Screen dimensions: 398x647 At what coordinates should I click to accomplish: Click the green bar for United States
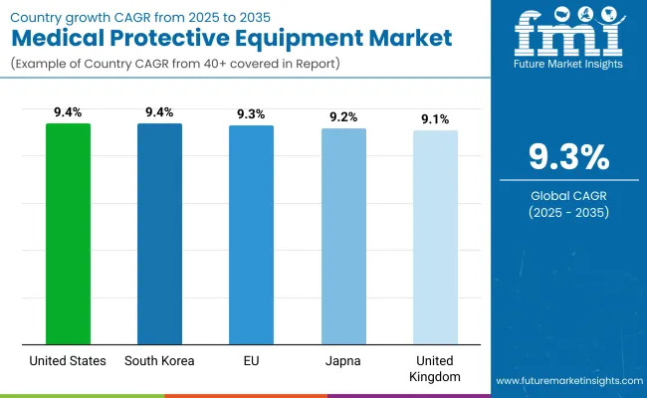(68, 234)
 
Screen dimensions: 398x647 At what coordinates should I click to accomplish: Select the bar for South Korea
(159, 234)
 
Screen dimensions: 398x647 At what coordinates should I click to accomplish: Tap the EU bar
(251, 235)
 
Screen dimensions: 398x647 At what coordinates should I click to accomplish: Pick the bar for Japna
(343, 237)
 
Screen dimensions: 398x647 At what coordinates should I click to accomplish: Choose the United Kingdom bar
(435, 238)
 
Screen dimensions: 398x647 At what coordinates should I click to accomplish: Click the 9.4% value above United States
(68, 112)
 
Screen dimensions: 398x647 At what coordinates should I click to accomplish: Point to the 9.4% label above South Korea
(159, 112)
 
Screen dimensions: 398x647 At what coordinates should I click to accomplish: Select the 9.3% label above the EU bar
(251, 114)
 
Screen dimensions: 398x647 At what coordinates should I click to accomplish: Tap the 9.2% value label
(343, 117)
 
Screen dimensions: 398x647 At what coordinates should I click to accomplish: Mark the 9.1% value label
(435, 119)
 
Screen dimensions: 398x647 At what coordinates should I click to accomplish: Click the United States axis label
(68, 361)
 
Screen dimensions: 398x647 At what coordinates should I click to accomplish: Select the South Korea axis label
(159, 361)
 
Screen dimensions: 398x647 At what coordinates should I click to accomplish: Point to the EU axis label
(251, 361)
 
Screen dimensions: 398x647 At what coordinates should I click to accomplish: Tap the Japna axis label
(343, 361)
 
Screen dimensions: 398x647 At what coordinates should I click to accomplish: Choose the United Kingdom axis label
(435, 369)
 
